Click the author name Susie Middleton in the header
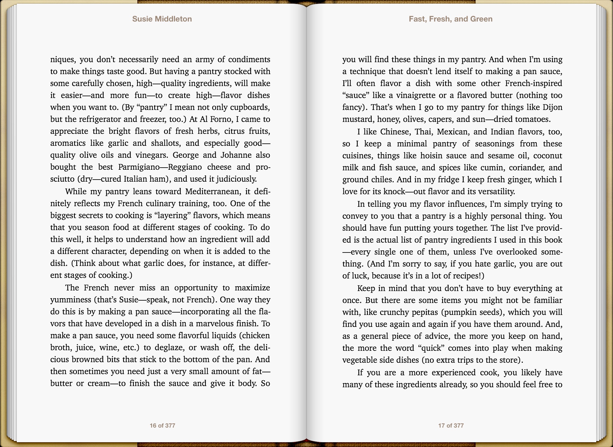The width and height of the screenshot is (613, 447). point(162,19)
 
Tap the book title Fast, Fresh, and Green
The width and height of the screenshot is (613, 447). point(450,19)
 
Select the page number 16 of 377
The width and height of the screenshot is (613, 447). point(163,425)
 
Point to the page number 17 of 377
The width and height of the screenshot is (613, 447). point(451,425)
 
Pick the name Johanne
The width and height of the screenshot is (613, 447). point(236,155)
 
